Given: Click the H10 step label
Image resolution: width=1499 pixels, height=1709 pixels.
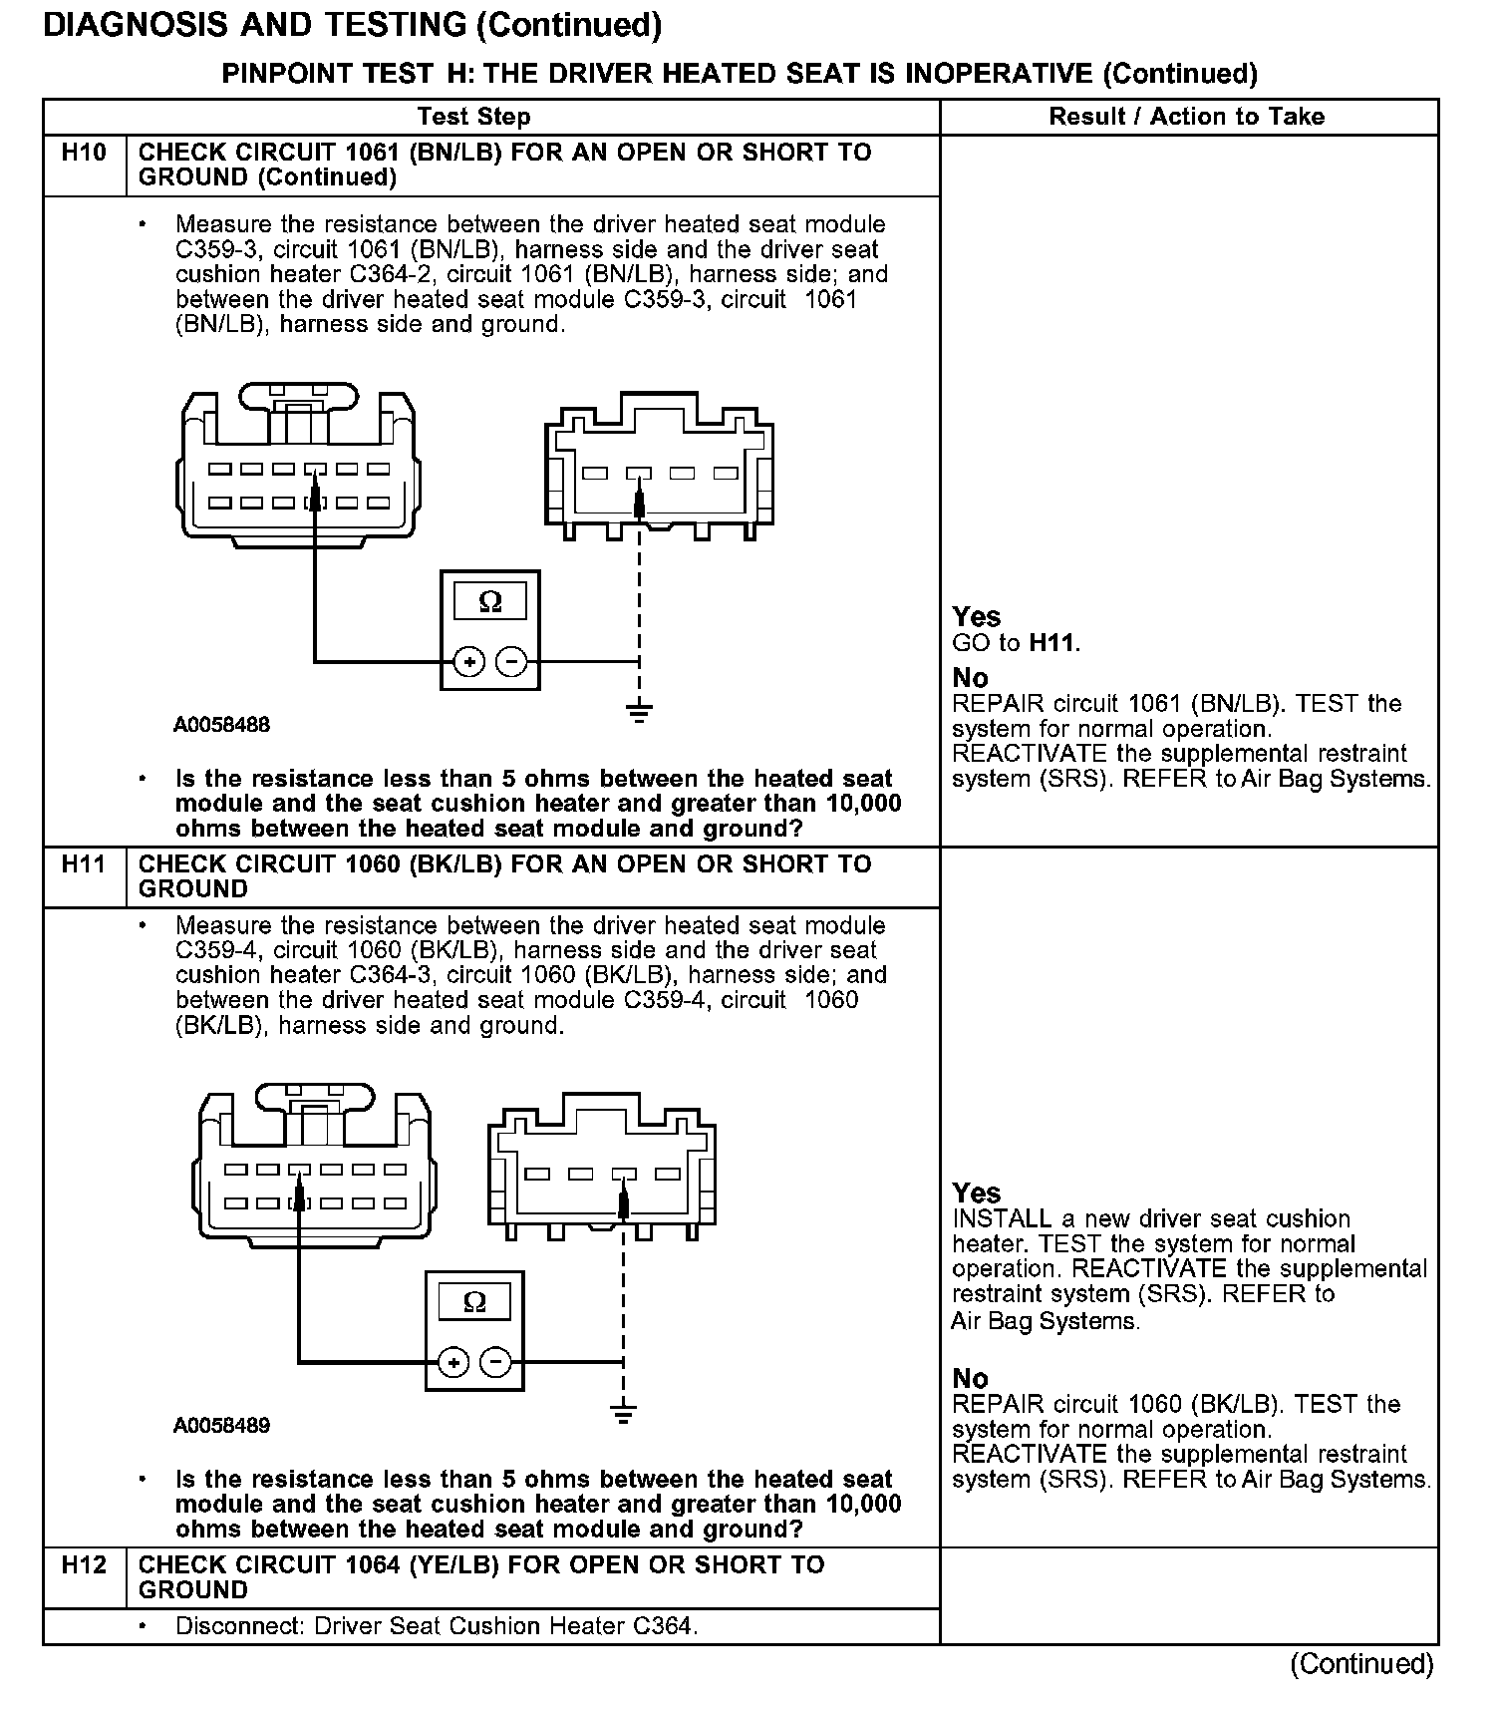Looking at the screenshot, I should coord(83,153).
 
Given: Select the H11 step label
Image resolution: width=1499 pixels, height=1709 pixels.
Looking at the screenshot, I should coord(83,863).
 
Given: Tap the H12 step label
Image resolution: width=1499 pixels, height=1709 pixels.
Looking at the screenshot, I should coord(83,1564).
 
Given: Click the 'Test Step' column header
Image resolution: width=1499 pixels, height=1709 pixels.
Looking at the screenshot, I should coord(474,117).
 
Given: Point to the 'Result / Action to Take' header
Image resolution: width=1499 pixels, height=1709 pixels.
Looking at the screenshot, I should coord(1186,117).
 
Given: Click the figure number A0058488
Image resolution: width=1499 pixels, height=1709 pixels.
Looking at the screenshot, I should coord(221,725).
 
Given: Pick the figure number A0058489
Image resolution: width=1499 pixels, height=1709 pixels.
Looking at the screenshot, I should coord(221,1426).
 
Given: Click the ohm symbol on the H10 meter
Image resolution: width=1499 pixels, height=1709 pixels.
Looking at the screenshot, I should coord(490,601).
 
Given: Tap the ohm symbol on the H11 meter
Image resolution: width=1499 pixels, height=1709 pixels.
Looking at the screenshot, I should coord(474,1302).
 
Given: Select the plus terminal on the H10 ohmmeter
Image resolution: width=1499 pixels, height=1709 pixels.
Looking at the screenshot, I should coord(469,661).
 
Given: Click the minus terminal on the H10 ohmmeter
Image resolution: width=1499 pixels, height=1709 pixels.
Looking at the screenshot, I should coord(511,661).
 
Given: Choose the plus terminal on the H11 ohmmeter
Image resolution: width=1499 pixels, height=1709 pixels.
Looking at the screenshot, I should coord(453,1362).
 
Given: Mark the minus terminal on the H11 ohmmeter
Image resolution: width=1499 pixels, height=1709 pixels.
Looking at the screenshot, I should coord(495,1362).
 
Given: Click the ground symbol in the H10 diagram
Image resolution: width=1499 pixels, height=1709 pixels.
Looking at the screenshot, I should coord(640,712).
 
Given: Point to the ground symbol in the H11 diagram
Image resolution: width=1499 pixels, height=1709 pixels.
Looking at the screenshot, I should coord(624,1412).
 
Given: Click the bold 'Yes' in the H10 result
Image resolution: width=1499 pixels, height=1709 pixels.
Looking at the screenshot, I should coord(976,617).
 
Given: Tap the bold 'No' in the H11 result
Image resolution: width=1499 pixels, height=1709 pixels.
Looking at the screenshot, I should coord(970,1379).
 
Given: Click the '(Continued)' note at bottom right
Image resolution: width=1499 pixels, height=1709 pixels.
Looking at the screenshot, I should coord(1361,1664).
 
